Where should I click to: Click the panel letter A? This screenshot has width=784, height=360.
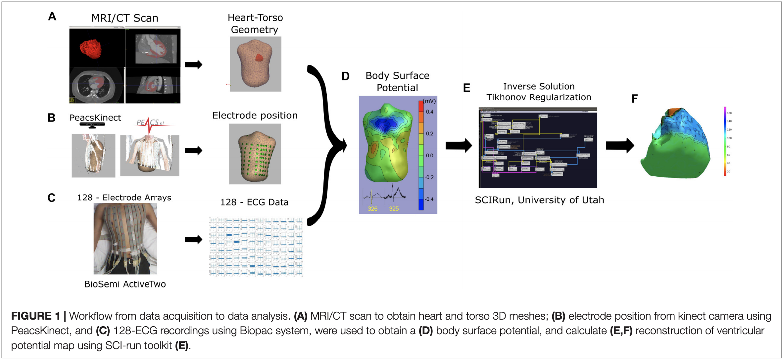pyautogui.click(x=52, y=17)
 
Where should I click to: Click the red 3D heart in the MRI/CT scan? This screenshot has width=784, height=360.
pyautogui.click(x=90, y=49)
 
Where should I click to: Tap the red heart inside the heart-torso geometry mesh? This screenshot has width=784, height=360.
pyautogui.click(x=259, y=58)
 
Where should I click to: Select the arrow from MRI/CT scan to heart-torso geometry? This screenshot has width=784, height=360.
pyautogui.click(x=193, y=65)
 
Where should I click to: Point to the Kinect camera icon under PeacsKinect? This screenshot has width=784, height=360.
pyautogui.click(x=92, y=125)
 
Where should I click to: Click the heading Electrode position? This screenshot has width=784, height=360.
pyautogui.click(x=255, y=115)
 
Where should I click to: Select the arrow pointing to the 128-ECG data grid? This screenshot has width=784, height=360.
pyautogui.click(x=193, y=239)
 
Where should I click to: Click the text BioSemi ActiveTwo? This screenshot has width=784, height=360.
pyautogui.click(x=125, y=284)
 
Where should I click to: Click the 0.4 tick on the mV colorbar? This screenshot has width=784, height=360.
pyautogui.click(x=429, y=112)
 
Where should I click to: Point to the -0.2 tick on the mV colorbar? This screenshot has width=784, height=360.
pyautogui.click(x=429, y=177)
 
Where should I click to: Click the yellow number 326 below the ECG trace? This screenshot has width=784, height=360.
pyautogui.click(x=372, y=209)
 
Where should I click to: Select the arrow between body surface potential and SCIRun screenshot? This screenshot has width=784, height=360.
pyautogui.click(x=459, y=146)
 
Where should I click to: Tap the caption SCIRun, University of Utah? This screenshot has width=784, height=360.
pyautogui.click(x=539, y=200)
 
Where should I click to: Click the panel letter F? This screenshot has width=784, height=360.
pyautogui.click(x=634, y=99)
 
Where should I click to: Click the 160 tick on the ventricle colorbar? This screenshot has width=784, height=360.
pyautogui.click(x=729, y=113)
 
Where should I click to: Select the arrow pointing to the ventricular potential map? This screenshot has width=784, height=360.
pyautogui.click(x=619, y=146)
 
